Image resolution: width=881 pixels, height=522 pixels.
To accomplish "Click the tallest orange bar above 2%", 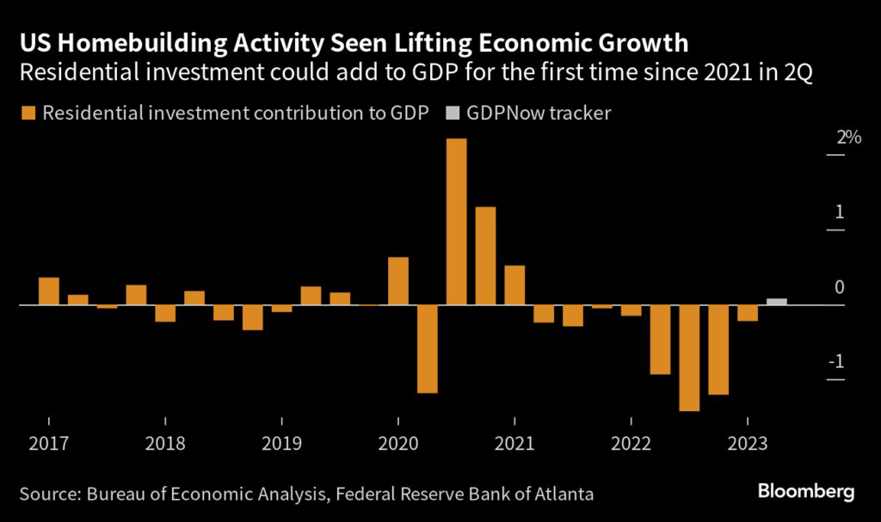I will pos(457,221).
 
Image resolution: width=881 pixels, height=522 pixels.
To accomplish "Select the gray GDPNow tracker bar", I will pos(777,302).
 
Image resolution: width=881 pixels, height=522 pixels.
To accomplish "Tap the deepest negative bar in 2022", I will pos(690,358).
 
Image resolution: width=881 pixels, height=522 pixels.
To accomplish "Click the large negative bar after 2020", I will pos(428,348).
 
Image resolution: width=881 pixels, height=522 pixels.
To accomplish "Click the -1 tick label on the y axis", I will pos(834,361).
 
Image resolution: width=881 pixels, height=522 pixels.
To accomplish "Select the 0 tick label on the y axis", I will pos(840,287).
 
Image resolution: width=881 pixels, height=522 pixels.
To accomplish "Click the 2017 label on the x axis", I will pos(49,445).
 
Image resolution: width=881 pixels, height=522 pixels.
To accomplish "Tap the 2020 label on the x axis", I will pos(397,445).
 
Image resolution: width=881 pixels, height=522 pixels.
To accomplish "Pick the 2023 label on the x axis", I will pos(747,445).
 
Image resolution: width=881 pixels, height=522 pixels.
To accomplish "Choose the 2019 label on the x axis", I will pos(281,445).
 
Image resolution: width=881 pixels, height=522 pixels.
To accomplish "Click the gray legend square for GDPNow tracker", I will pos(453,114).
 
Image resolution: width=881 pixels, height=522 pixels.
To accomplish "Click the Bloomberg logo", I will pos(806,493).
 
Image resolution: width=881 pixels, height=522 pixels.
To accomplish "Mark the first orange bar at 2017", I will pos(49,291).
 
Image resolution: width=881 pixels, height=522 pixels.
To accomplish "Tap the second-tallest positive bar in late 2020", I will pos(486,255).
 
